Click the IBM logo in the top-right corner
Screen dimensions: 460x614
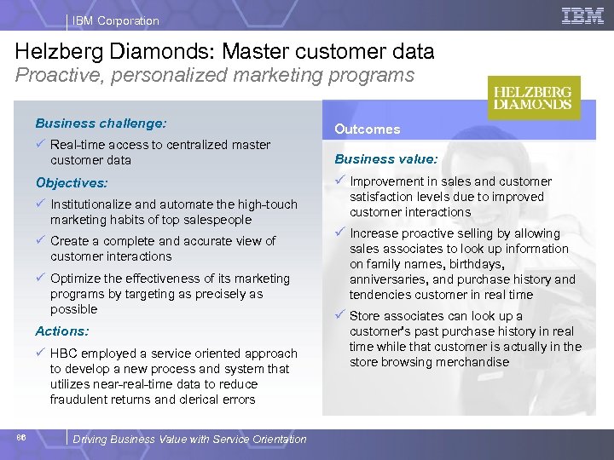[583, 15]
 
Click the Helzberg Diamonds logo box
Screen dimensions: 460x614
[534, 98]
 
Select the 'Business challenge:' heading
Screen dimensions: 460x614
[101, 123]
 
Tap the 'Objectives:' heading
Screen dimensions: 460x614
[72, 182]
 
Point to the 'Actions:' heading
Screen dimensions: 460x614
[61, 331]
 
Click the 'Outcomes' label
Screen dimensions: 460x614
[367, 129]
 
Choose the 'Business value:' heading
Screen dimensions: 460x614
[385, 158]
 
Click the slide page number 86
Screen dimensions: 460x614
[20, 437]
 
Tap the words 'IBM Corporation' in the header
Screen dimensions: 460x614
[117, 20]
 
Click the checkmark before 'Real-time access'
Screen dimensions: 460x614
[40, 145]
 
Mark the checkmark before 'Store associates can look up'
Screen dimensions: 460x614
[339, 316]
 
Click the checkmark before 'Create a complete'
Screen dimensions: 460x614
[40, 241]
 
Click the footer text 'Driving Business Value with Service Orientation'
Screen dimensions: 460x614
[189, 440]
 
